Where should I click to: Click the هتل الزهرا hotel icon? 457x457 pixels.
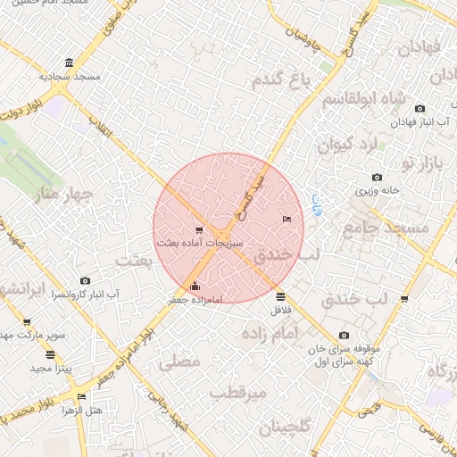pyautogui.click(x=82, y=396)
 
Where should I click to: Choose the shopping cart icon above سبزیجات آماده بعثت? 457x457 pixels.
pyautogui.click(x=197, y=229)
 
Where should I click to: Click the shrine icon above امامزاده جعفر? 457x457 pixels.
pyautogui.click(x=195, y=287)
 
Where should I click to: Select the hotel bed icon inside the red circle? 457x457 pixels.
pyautogui.click(x=286, y=218)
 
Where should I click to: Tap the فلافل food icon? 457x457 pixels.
pyautogui.click(x=281, y=297)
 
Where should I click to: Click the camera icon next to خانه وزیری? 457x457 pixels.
pyautogui.click(x=377, y=178)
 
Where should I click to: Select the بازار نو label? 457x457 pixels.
pyautogui.click(x=422, y=162)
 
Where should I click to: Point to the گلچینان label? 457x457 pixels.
pyautogui.click(x=286, y=428)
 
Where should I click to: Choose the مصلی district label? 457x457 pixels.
pyautogui.click(x=179, y=362)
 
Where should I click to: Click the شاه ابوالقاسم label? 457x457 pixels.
pyautogui.click(x=363, y=98)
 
